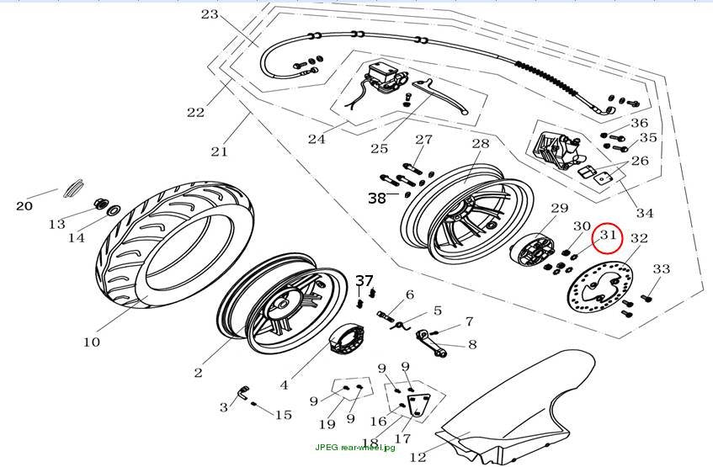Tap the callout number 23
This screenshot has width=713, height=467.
pyautogui.click(x=210, y=14)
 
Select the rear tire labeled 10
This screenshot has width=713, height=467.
pyautogui.click(x=175, y=245)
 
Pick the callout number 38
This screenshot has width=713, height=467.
pyautogui.click(x=377, y=199)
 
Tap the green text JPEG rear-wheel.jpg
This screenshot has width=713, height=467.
pyautogui.click(x=355, y=447)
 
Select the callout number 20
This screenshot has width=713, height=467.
pyautogui.click(x=24, y=206)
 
